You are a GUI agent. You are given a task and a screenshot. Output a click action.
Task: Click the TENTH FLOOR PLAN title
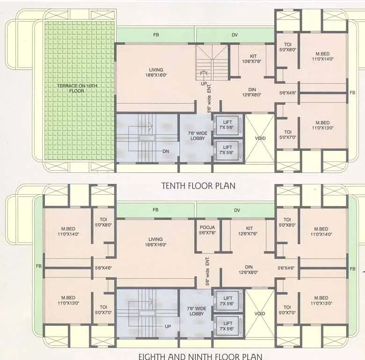pos(198,185)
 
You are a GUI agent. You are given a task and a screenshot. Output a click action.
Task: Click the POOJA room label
pos(207,230)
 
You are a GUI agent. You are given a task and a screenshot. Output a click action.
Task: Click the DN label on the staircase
pos(166,151)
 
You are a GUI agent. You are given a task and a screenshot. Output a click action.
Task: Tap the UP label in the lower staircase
pos(168,326)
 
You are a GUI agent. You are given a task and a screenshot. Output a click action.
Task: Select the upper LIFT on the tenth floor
pos(228,125)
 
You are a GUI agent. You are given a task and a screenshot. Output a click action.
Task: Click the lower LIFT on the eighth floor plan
pos(228,326)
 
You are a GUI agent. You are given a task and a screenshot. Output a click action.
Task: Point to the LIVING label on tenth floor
pos(156,73)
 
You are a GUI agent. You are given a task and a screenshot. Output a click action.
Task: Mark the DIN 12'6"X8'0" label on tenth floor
pos(251,91)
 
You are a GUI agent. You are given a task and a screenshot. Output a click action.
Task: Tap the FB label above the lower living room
pos(155,210)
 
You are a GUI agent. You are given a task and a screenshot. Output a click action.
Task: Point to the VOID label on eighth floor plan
pos(260,314)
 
